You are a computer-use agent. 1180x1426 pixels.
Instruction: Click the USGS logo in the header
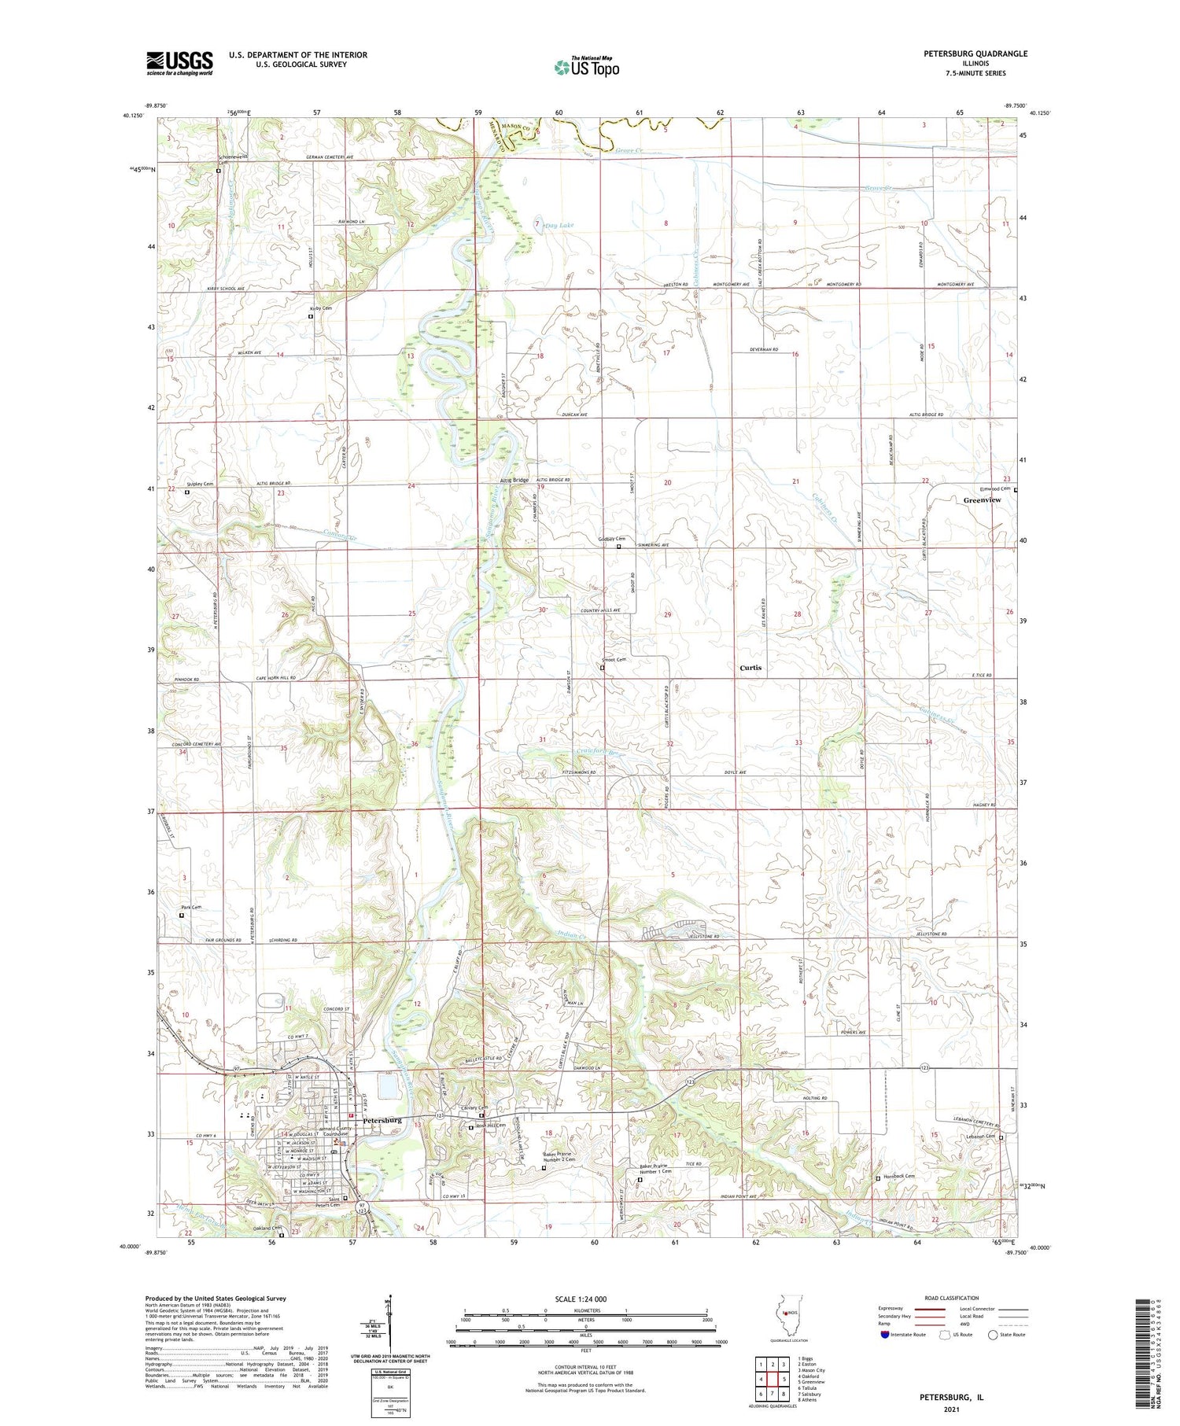coord(179,63)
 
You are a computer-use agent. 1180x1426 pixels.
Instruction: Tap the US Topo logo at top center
coord(586,68)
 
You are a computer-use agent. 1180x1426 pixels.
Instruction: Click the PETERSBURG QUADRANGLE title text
coord(975,54)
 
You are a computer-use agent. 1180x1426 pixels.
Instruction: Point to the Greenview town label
coord(982,500)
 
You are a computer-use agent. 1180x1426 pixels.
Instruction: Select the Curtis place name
coord(750,668)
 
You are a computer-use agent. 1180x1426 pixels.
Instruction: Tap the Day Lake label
coord(559,226)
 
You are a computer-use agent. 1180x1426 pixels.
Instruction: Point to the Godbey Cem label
coord(610,539)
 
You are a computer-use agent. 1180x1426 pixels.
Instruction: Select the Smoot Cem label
coord(614,660)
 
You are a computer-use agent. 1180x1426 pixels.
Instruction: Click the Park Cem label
coord(191,908)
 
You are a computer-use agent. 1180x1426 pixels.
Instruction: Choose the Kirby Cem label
coord(320,308)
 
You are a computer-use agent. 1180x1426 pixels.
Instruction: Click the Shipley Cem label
coord(200,485)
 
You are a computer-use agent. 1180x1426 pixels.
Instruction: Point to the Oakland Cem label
coord(267,1228)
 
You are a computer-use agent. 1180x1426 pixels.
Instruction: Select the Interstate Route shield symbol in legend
coord(886,1334)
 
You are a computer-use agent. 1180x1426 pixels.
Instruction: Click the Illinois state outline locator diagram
coord(783,1316)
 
